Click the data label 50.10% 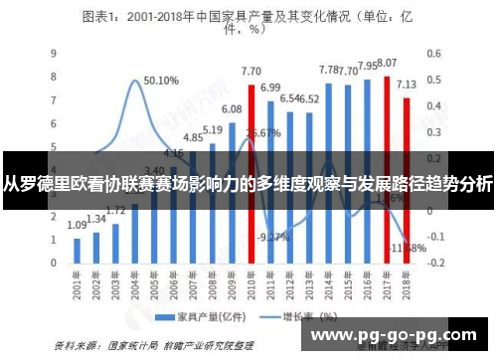161,80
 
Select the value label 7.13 408,84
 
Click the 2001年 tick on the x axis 76,286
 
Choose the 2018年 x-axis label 407,286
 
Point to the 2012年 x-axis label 289,286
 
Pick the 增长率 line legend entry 302,317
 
